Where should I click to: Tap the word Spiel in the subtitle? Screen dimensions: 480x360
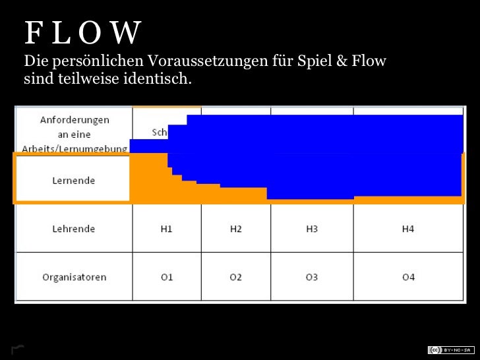point(315,63)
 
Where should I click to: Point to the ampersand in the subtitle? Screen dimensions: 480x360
point(341,63)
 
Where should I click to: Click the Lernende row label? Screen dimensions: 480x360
point(74,180)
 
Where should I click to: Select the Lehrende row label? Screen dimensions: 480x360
point(74,229)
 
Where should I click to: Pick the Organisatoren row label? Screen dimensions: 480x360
point(74,277)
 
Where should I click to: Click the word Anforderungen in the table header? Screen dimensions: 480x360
point(75,120)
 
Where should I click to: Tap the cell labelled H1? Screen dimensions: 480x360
point(166,229)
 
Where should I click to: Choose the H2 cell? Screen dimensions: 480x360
point(235,229)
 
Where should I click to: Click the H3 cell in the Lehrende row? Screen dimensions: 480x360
point(312,229)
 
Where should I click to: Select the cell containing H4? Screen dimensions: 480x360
point(408,229)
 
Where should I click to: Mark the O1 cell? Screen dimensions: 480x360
point(166,277)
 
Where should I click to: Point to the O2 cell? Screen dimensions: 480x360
point(235,277)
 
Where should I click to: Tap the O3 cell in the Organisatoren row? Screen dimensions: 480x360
point(312,277)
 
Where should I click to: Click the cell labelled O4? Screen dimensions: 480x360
point(408,277)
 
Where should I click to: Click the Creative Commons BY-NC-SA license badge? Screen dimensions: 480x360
point(449,349)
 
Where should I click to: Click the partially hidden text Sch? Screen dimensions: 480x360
point(159,132)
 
